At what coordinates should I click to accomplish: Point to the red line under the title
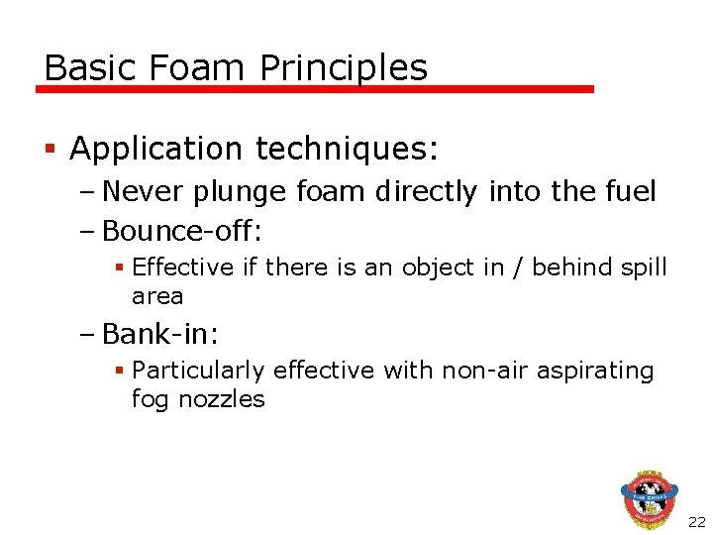point(315,89)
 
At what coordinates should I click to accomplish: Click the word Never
point(140,191)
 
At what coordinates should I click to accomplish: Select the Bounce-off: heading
point(181,231)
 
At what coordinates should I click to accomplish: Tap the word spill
point(643,267)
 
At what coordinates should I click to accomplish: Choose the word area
point(156,296)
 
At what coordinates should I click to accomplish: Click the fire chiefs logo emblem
point(649,500)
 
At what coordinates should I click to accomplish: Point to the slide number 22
point(696,521)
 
